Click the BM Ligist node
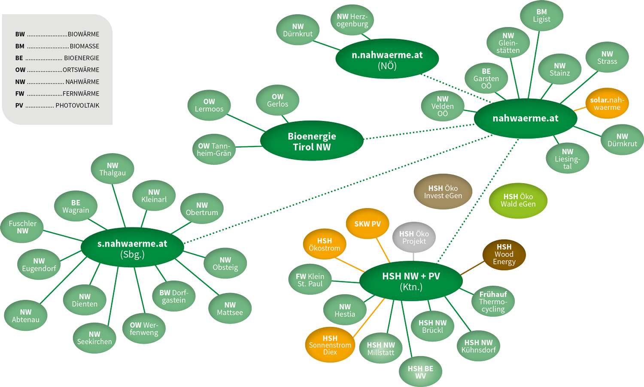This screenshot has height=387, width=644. (x=541, y=16)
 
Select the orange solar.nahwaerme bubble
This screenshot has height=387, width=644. (x=607, y=103)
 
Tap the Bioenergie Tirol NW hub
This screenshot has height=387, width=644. (x=312, y=141)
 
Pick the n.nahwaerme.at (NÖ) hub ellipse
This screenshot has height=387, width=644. (x=387, y=60)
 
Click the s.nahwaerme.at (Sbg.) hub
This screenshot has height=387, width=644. (x=132, y=248)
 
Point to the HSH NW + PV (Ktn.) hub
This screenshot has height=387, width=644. (x=411, y=281)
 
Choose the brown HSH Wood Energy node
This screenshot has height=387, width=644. (x=504, y=254)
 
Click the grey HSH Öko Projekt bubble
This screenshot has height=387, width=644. (x=414, y=238)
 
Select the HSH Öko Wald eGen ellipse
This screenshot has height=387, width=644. (x=518, y=200)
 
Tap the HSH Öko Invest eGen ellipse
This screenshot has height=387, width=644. (x=443, y=192)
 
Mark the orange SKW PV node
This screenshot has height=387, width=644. (x=368, y=224)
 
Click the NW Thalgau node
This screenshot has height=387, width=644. (x=112, y=169)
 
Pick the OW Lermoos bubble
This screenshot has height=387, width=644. (x=209, y=105)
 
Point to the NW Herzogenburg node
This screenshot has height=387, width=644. (x=352, y=20)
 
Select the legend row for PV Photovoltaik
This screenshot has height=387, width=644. (x=57, y=106)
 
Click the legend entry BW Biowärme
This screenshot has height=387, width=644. (x=57, y=34)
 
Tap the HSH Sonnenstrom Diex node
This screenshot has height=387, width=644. (x=330, y=345)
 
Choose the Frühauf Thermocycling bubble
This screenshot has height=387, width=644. (x=493, y=302)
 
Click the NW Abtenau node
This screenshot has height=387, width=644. (x=26, y=316)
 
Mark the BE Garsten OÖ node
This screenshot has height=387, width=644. (x=486, y=79)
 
